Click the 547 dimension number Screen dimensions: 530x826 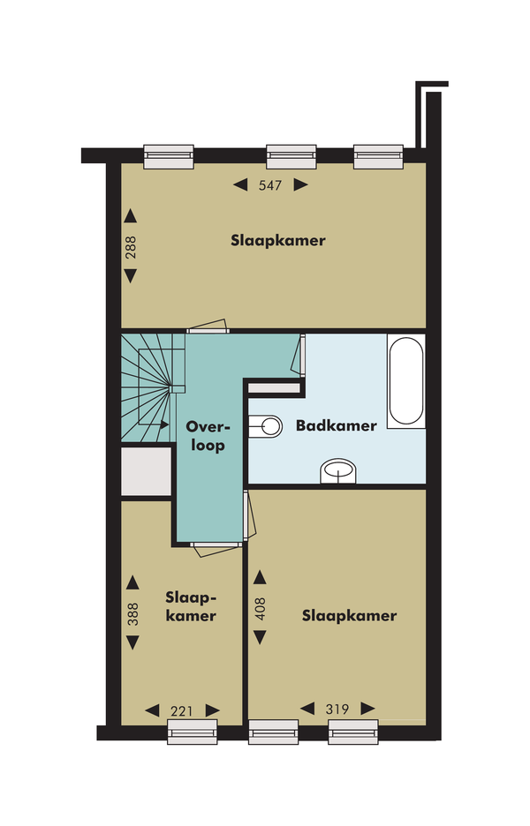tap(270, 185)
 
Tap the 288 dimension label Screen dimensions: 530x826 tap(131, 246)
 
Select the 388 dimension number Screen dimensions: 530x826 tap(132, 613)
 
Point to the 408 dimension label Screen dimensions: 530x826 tap(260, 608)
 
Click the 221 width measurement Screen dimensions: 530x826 tap(182, 711)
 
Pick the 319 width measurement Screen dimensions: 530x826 tap(337, 709)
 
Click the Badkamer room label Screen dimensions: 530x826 tap(337, 425)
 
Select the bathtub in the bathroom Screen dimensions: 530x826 tap(406, 380)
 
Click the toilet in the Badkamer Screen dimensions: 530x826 tap(265, 425)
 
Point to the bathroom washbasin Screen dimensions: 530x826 tap(338, 469)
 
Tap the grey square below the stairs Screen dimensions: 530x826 tap(146, 471)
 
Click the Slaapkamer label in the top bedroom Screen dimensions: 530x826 tap(278, 241)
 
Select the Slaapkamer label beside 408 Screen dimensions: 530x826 tap(349, 616)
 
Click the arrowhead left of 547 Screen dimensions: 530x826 tap(240, 185)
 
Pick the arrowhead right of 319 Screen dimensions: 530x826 tap(368, 709)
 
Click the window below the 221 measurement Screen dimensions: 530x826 tap(193, 732)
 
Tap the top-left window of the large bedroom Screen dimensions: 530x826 tap(169, 157)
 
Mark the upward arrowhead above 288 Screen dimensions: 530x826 tap(130, 216)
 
